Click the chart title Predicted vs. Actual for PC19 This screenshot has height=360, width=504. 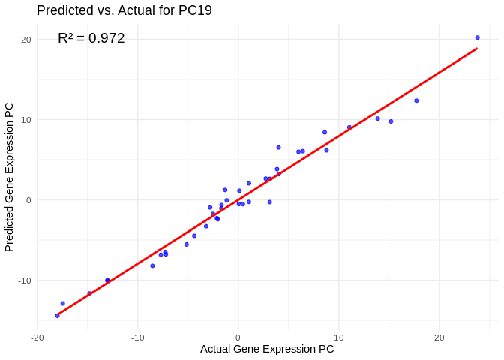pyautogui.click(x=124, y=10)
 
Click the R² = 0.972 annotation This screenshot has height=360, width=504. pyautogui.click(x=91, y=38)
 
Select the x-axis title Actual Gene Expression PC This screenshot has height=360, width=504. pyautogui.click(x=267, y=349)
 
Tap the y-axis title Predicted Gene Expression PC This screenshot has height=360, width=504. pyautogui.click(x=10, y=177)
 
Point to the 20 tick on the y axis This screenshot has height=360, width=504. pyautogui.click(x=25, y=40)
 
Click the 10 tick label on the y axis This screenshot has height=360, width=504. pyautogui.click(x=25, y=120)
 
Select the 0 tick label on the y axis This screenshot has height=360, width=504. pyautogui.click(x=28, y=200)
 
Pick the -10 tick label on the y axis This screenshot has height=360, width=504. pyautogui.click(x=24, y=280)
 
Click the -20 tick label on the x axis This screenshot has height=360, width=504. pyautogui.click(x=37, y=337)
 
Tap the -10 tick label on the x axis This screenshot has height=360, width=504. pyautogui.click(x=137, y=337)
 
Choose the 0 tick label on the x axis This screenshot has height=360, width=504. pyautogui.click(x=238, y=337)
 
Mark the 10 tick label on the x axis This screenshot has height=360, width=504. pyautogui.click(x=338, y=337)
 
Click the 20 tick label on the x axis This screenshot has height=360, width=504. pyautogui.click(x=439, y=337)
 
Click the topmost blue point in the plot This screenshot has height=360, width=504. pyautogui.click(x=477, y=37)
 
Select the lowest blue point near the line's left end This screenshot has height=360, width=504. pyautogui.click(x=57, y=316)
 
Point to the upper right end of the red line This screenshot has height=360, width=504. pyautogui.click(x=477, y=49)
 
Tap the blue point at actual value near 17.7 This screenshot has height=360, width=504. pyautogui.click(x=416, y=100)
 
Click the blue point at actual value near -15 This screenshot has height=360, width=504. pyautogui.click(x=89, y=293)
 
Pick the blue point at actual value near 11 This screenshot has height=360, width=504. pyautogui.click(x=349, y=127)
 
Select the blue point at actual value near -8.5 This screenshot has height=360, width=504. pyautogui.click(x=152, y=265)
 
